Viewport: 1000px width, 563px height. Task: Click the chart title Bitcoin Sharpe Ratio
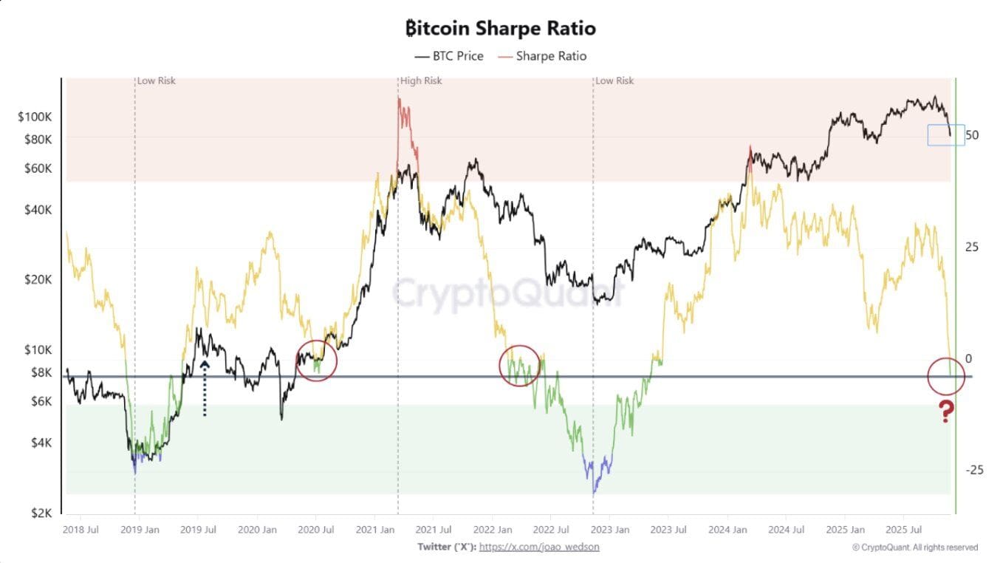[501, 28]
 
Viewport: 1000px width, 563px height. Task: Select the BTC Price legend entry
[449, 56]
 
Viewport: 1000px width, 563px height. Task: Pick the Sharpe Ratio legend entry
[543, 56]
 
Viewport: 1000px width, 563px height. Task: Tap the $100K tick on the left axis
[35, 117]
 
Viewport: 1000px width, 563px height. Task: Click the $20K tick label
[38, 279]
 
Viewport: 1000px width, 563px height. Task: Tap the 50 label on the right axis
[971, 135]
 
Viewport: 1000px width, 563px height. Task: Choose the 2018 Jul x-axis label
[81, 530]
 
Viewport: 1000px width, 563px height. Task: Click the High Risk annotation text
[421, 81]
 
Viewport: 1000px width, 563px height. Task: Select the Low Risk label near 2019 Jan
[157, 81]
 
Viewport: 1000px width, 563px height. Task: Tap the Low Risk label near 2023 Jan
[614, 81]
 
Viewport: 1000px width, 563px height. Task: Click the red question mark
[946, 412]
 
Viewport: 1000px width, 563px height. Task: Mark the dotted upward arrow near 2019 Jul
[205, 388]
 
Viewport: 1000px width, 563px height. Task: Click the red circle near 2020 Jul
[316, 361]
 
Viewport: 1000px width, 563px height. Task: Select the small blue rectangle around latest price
[946, 134]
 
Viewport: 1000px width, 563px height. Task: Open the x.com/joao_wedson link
[539, 547]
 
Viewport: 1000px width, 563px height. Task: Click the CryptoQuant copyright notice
[915, 547]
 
